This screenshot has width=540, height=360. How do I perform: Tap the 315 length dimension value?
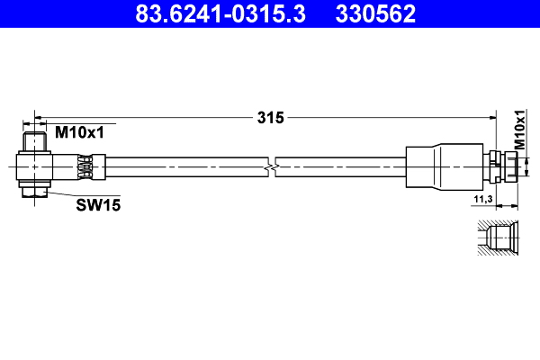point(270,117)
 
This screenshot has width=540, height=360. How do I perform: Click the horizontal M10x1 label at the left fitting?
point(80,132)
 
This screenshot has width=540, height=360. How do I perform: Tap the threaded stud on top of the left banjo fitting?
point(35,142)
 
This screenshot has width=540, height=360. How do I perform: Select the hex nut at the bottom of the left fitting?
point(35,191)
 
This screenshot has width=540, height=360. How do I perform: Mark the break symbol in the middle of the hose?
point(271,166)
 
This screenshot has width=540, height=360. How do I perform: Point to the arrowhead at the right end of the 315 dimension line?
point(493,117)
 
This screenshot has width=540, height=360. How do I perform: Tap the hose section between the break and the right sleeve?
point(342,166)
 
